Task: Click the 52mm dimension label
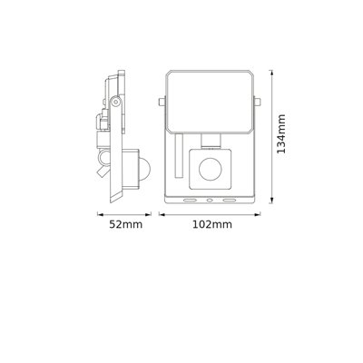coord(116,223)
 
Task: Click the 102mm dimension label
coord(208,223)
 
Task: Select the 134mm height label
coord(285,134)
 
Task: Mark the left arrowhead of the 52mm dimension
coord(100,214)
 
